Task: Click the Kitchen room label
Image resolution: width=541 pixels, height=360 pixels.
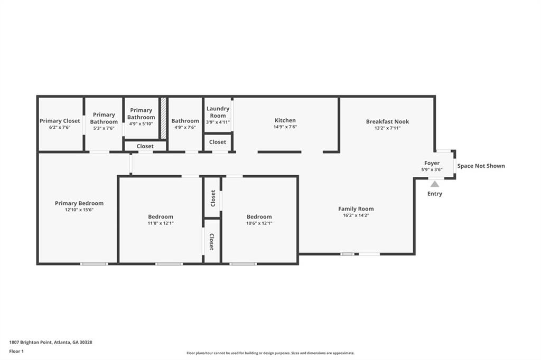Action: (285, 120)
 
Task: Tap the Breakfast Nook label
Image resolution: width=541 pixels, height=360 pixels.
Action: (387, 121)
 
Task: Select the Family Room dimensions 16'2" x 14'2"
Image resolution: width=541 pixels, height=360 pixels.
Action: (356, 215)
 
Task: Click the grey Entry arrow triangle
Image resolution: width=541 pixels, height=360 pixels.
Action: (435, 184)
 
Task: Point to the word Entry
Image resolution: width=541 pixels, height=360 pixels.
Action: (435, 194)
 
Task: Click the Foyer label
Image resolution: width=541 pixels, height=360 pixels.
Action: (432, 163)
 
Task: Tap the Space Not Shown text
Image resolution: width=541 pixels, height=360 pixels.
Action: (481, 166)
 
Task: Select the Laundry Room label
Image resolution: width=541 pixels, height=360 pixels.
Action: (218, 112)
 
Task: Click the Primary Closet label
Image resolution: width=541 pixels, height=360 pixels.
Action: (60, 121)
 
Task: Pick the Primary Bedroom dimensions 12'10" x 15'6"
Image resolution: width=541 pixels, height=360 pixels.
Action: (79, 210)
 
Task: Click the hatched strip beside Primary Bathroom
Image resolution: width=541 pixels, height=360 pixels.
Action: (163, 118)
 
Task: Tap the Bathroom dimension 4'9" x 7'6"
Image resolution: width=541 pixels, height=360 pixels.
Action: (185, 127)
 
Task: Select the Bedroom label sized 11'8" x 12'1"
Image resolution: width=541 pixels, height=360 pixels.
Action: (161, 216)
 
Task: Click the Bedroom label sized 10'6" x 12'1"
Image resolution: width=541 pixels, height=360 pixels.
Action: (259, 216)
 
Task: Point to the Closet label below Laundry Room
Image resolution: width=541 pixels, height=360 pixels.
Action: (218, 142)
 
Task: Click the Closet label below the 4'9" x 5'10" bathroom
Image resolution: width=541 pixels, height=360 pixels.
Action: (145, 146)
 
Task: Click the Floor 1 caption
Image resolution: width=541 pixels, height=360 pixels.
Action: (16, 352)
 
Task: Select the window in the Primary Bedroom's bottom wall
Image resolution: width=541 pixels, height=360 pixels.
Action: (94, 264)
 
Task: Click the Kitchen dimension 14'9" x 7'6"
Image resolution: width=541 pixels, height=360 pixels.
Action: (285, 127)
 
